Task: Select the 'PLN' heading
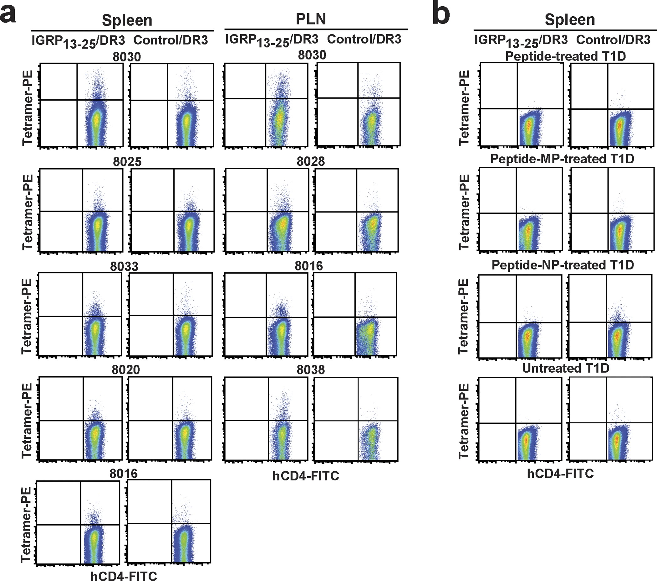pyautogui.click(x=310, y=19)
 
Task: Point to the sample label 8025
pyautogui.click(x=127, y=162)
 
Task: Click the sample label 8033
pyautogui.click(x=124, y=266)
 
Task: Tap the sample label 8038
pyautogui.click(x=310, y=369)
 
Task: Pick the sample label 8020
pyautogui.click(x=126, y=369)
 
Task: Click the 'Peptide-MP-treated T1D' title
pyautogui.click(x=562, y=159)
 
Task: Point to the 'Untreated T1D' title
pyautogui.click(x=565, y=368)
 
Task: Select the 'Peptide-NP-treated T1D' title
pyautogui.click(x=563, y=265)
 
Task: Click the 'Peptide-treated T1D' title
pyautogui.click(x=565, y=56)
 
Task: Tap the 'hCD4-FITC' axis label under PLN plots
pyautogui.click(x=306, y=476)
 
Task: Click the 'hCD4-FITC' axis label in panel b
pyautogui.click(x=560, y=474)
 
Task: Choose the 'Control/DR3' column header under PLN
pyautogui.click(x=364, y=39)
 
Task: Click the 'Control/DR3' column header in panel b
pyautogui.click(x=613, y=39)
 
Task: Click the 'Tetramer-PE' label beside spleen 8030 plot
pyautogui.click(x=27, y=108)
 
